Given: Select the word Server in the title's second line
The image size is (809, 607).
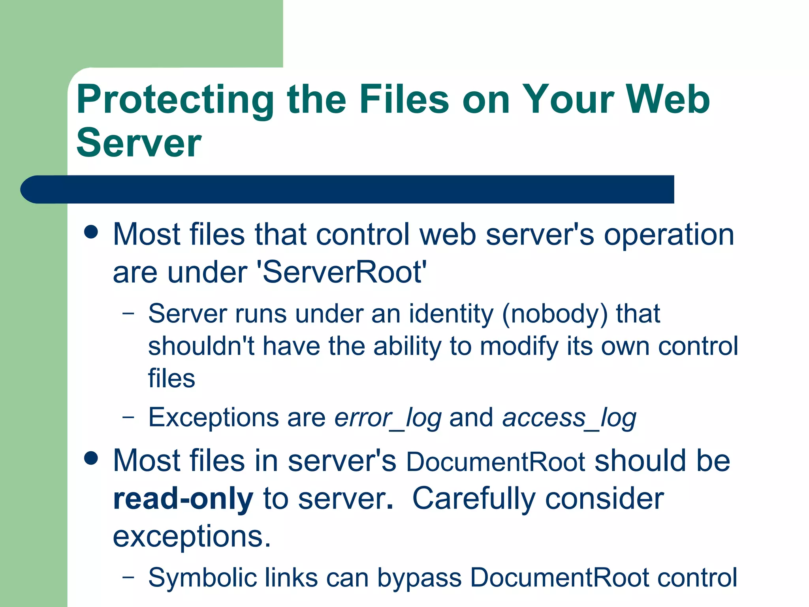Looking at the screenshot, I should coord(139,143).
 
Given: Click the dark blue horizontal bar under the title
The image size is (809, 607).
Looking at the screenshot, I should coord(348,189).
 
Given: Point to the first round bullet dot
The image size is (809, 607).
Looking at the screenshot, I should coord(91,232).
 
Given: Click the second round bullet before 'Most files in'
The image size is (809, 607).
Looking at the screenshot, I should coord(91,458).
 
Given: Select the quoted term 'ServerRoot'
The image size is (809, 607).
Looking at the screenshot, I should coord(342,272).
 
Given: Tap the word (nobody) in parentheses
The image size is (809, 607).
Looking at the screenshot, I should coord(555,314).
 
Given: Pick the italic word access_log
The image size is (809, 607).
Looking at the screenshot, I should coord(569,418).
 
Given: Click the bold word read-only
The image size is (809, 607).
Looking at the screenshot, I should coord(183,499).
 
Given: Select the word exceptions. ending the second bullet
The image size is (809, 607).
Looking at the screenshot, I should coord(192,537).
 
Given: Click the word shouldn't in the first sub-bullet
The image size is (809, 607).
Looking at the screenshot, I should coord(201,346).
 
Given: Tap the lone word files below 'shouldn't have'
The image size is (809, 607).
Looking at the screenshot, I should coord(171,378).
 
